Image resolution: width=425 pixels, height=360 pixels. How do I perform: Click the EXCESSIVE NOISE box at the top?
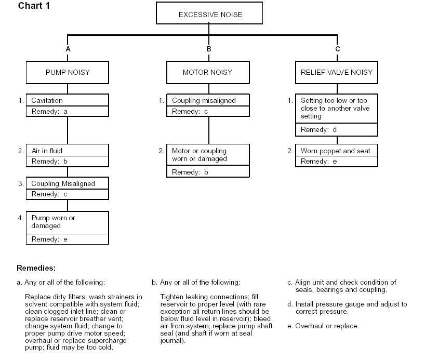point(209,13)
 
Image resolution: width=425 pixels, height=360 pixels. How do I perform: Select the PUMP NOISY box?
point(68,72)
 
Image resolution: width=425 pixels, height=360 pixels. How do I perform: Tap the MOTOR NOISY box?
point(208,72)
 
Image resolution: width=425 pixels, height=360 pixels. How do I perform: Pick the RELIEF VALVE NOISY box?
point(337,72)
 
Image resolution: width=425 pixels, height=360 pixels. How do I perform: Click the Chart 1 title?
point(34,6)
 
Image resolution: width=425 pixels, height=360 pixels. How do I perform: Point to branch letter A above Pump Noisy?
point(68,49)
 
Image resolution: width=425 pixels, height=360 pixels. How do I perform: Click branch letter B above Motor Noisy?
point(209,49)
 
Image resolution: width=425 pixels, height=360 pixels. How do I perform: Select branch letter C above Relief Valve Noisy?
point(337,49)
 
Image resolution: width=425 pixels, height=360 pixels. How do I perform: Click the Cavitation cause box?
point(68,100)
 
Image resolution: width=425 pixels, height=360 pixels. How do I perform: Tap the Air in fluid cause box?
point(68,150)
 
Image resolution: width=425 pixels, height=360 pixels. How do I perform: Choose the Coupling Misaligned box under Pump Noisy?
point(68,183)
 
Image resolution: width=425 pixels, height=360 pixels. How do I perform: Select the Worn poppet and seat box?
point(337,150)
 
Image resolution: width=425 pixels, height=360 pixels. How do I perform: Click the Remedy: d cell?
point(337,129)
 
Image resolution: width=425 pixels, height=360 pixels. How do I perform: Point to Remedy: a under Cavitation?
point(68,111)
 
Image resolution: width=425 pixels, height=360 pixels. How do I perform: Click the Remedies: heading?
point(36,268)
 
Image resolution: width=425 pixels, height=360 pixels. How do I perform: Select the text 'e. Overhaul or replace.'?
point(323,326)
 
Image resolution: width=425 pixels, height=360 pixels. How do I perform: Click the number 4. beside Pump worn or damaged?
point(21,218)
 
